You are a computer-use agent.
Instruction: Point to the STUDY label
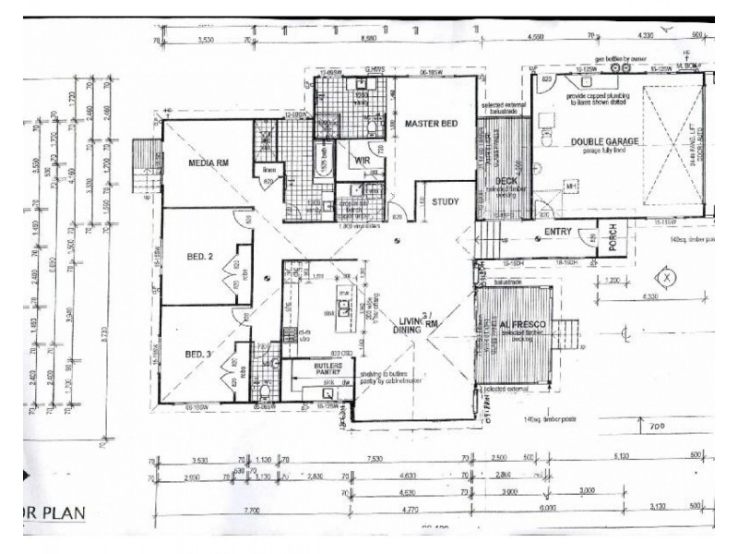(446, 200)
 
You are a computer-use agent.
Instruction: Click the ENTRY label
(559, 232)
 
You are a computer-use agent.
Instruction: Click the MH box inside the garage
(571, 188)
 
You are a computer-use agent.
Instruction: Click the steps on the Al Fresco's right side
(565, 334)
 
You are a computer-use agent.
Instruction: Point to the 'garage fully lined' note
(606, 151)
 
